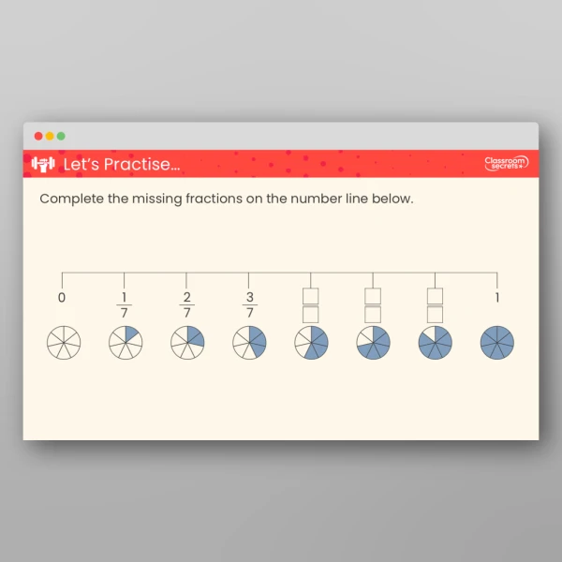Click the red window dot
click(38, 136)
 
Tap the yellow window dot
click(50, 136)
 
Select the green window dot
click(61, 136)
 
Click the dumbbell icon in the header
click(43, 164)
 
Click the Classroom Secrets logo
click(506, 164)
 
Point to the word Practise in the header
click(141, 165)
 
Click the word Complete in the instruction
click(71, 200)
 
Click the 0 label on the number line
click(62, 298)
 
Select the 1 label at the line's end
click(497, 298)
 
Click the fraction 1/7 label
click(125, 304)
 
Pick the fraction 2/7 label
click(187, 304)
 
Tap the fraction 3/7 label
click(249, 304)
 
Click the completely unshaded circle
click(64, 343)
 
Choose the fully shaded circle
click(497, 343)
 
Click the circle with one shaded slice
click(126, 343)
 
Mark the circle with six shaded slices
click(435, 343)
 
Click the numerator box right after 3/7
click(311, 296)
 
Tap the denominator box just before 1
click(435, 314)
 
